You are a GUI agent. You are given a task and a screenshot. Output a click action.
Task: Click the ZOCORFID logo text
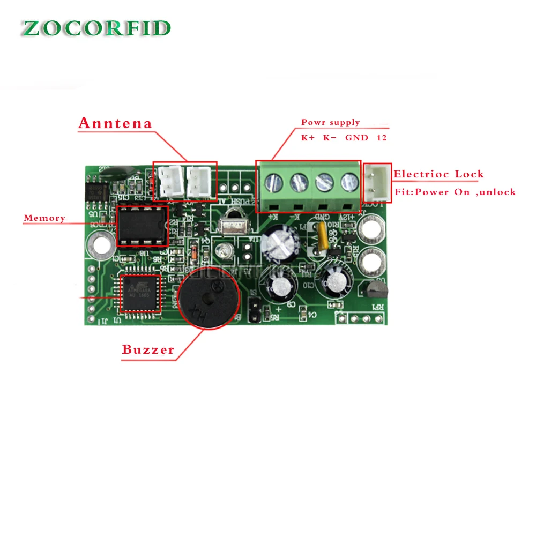coord(96,28)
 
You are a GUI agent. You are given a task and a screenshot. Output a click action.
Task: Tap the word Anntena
coord(115,123)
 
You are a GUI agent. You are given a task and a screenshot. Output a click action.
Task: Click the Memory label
coord(44,218)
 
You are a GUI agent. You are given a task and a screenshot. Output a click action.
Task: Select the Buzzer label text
coord(148,350)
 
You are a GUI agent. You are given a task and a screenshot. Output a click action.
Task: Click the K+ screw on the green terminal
coord(274,182)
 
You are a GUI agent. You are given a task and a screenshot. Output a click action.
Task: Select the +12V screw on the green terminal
coord(348,182)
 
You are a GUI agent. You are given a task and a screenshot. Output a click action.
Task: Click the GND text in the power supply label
coord(356,138)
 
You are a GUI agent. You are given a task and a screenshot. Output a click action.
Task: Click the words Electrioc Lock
coord(438,174)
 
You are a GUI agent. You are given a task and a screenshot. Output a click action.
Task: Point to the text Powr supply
coord(330,123)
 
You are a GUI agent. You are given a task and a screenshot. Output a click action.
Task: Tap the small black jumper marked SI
coord(255,312)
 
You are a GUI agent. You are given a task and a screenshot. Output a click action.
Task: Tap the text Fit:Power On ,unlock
coord(455,192)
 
